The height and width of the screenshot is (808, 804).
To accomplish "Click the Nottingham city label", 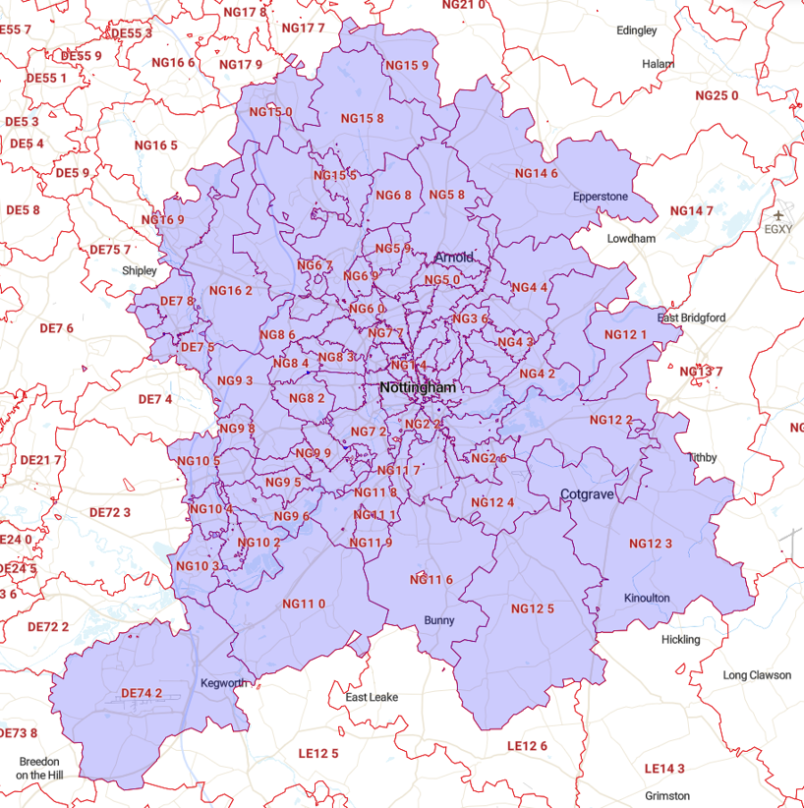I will point(418,388).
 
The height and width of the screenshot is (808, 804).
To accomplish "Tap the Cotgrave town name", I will point(587,494).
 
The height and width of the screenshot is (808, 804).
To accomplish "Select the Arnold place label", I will point(454,258).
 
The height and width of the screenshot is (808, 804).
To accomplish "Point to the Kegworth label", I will point(223,683).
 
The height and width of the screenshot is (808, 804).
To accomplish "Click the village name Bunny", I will point(439,620).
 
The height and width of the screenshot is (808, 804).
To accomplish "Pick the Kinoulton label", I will point(647,599).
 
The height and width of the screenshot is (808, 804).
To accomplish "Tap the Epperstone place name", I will point(601,197).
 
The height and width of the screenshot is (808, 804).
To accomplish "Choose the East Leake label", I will point(372,697).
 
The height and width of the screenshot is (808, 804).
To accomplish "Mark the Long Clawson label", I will point(757,675).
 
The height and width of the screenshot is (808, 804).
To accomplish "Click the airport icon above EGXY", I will point(779,214).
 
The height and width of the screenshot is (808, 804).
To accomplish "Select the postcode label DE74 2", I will point(142,693).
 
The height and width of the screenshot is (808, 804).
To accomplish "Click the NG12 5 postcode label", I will point(533,608).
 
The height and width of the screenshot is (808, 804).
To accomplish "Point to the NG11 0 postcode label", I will point(304,604).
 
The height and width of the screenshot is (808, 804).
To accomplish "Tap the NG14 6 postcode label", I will point(537,173).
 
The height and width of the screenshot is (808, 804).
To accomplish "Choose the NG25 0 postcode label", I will point(717,95).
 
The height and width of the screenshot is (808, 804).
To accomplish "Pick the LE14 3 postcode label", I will point(664,768).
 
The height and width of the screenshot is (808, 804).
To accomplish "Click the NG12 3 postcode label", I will point(651,544).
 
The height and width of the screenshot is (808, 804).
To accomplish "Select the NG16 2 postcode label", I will point(231,290).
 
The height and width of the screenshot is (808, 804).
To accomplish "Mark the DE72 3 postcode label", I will point(110,512).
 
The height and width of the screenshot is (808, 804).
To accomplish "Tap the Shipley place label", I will point(139,270).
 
